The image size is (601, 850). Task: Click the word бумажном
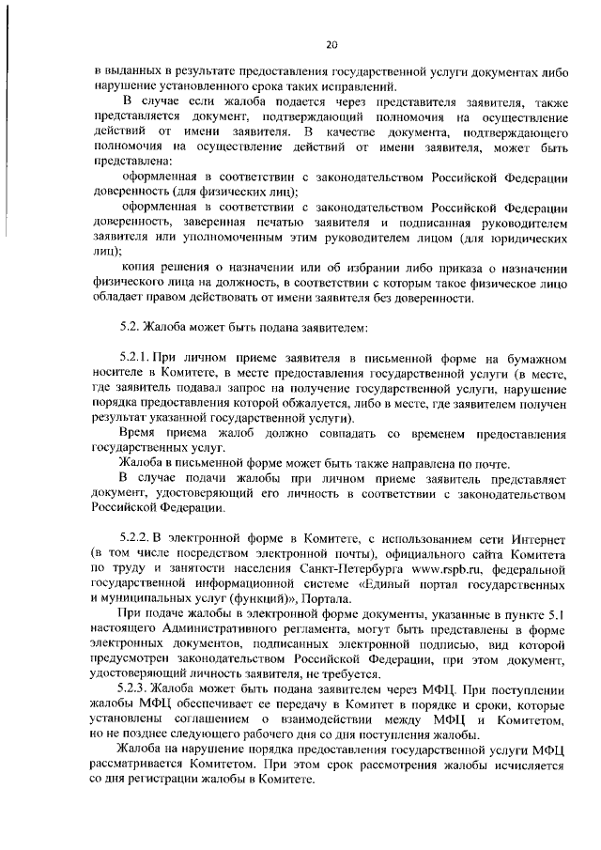point(533,360)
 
